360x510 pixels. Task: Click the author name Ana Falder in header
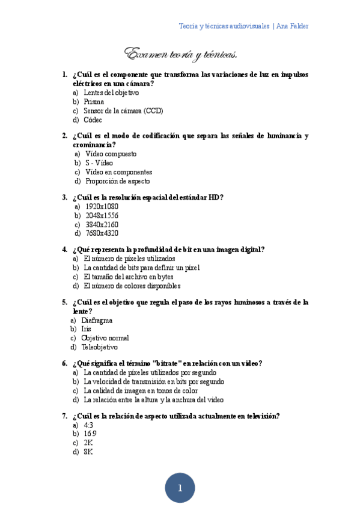[x=293, y=26]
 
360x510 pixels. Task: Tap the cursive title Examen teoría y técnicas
[x=180, y=55]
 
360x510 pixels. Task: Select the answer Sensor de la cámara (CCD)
[x=123, y=111]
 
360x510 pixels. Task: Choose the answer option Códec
[x=93, y=120]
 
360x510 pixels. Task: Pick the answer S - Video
[x=99, y=163]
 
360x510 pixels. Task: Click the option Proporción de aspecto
[x=118, y=181]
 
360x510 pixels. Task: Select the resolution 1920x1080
[x=102, y=206]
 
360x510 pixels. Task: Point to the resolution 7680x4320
[x=102, y=233]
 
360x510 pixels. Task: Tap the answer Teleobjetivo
[x=100, y=347]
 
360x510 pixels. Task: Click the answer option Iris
[x=86, y=329]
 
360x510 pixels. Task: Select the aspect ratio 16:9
[x=90, y=433]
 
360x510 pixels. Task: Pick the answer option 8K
[x=88, y=451]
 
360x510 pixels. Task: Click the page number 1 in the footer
[x=180, y=488]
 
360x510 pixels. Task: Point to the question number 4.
[x=64, y=250]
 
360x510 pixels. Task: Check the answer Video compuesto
[x=111, y=154]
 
